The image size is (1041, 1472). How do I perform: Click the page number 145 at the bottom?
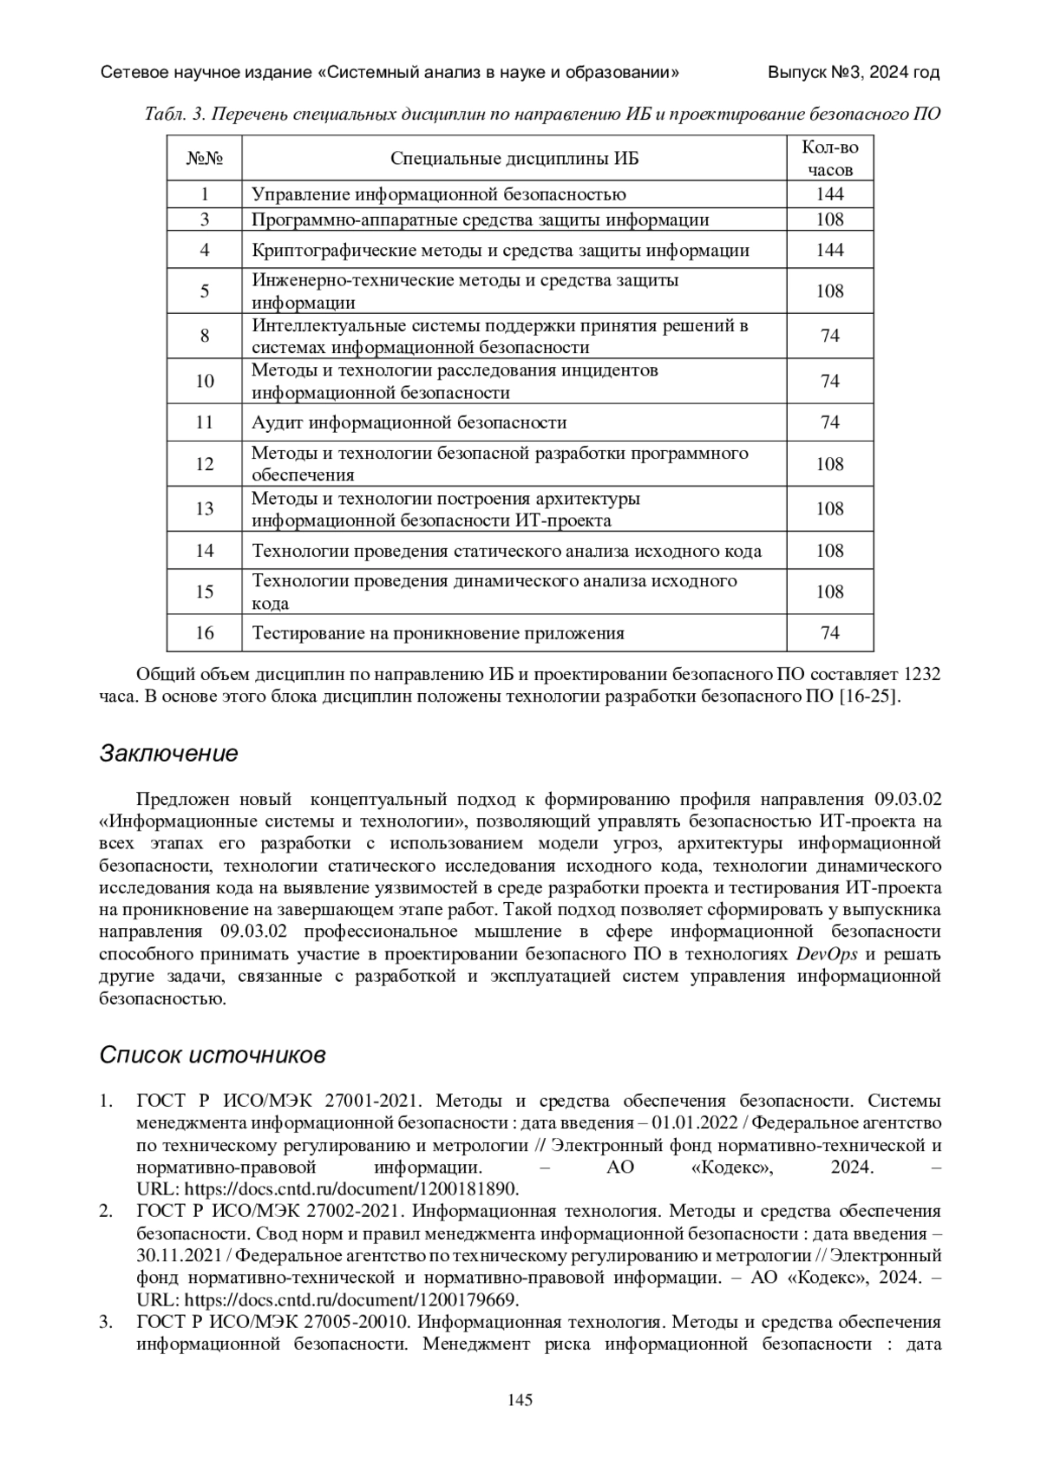[520, 1399]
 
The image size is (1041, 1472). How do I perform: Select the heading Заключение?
[168, 753]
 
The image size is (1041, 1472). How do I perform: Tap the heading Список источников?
[213, 1055]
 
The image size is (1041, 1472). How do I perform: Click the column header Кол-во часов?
[829, 159]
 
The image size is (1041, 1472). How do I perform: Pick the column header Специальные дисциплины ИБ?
[514, 159]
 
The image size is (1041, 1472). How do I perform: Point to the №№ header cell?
[205, 159]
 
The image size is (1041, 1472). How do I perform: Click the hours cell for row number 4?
[829, 250]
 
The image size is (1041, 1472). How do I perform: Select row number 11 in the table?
[205, 422]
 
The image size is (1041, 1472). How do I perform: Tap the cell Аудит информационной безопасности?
[409, 422]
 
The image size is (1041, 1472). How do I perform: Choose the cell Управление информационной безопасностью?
[438, 194]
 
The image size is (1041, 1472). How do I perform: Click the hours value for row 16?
[829, 632]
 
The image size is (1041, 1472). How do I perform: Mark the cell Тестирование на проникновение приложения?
[437, 632]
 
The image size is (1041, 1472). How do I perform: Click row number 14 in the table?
[205, 551]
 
